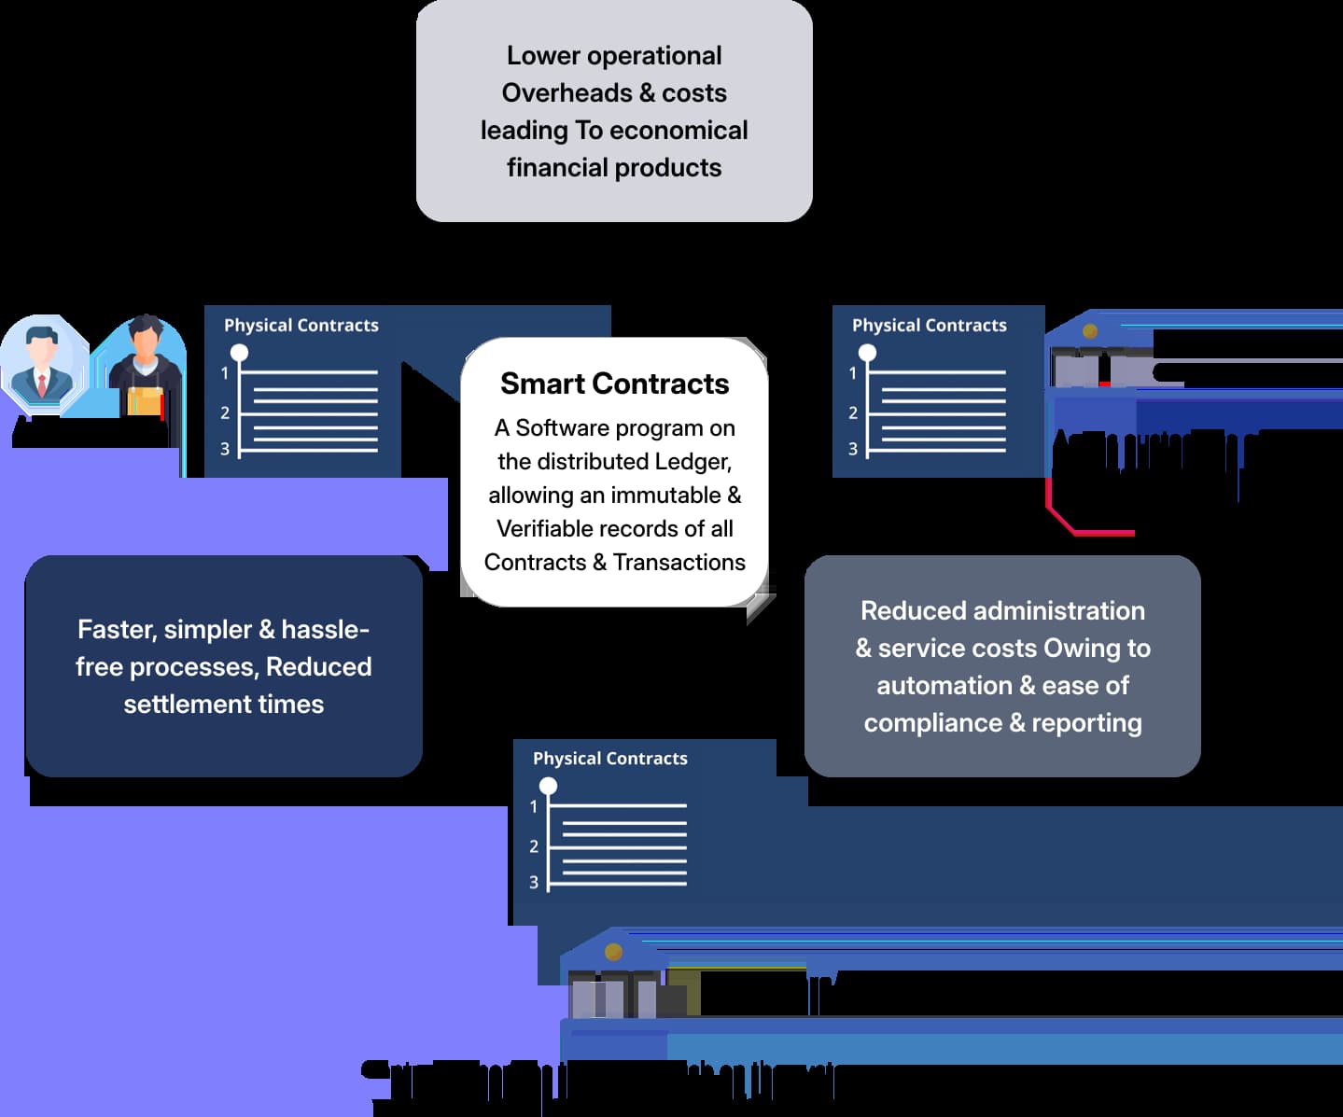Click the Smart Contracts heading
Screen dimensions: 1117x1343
(x=614, y=384)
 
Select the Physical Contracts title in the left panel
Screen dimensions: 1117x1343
(x=301, y=326)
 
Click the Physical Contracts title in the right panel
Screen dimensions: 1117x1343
(x=929, y=326)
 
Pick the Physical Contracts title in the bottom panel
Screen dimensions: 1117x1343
(x=609, y=759)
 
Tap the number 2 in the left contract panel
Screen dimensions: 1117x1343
(x=225, y=412)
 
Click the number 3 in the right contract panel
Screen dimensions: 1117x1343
(x=852, y=449)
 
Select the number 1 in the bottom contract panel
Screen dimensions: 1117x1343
(x=534, y=806)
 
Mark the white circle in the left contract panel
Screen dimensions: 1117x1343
(x=240, y=353)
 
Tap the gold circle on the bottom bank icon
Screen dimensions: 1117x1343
(x=613, y=952)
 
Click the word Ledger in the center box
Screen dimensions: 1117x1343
(x=692, y=462)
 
